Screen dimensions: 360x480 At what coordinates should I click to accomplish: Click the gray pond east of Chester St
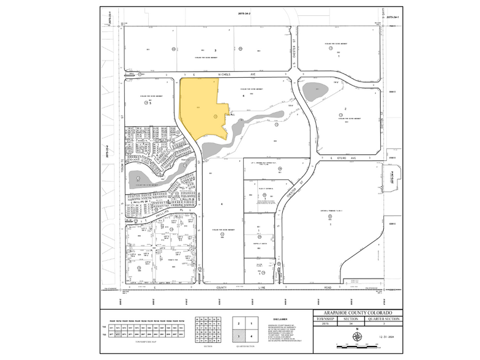pyautogui.click(x=317, y=91)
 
